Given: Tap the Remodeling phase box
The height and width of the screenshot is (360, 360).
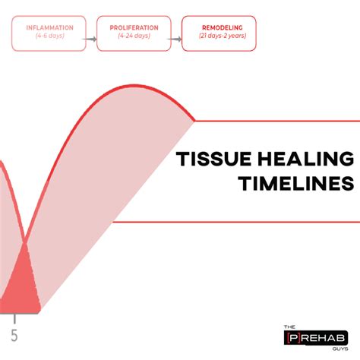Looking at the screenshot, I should pyautogui.click(x=218, y=33).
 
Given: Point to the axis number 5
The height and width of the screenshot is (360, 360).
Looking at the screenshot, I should pyautogui.click(x=14, y=335).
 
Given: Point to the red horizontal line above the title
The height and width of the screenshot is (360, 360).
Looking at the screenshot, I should pyautogui.click(x=273, y=120).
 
